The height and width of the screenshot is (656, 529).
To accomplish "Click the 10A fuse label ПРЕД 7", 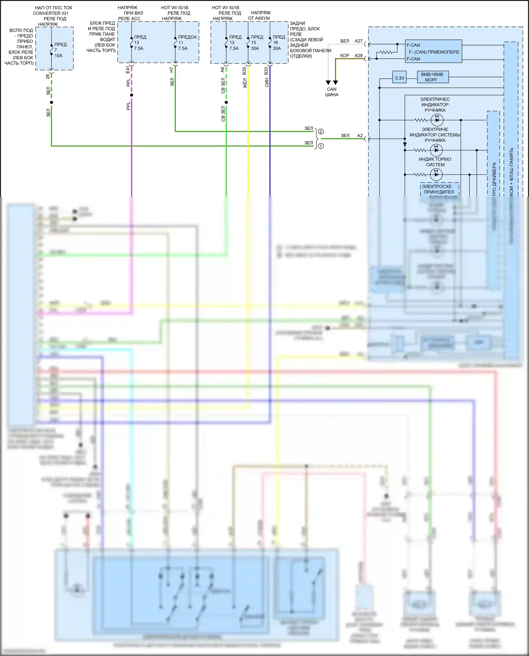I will click(x=60, y=50).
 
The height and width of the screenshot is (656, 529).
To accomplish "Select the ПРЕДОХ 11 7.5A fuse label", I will click(x=187, y=42).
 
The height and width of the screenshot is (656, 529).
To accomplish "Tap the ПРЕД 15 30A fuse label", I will click(x=257, y=42).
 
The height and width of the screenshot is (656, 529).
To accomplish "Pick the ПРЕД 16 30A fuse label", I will click(x=279, y=42).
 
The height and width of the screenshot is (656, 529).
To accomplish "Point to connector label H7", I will click(x=172, y=70).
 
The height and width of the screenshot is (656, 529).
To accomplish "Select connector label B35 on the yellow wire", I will click(x=244, y=71).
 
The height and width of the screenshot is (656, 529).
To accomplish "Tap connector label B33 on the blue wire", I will click(x=266, y=71).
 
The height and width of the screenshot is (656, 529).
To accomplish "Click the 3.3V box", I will click(x=400, y=78).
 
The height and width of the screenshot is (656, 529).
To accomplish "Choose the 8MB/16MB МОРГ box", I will click(x=432, y=77).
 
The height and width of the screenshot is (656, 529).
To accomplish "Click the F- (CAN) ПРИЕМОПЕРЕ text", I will click(x=434, y=52).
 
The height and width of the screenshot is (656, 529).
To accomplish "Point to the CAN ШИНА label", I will click(x=332, y=92).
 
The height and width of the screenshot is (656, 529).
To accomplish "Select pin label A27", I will click(x=359, y=41).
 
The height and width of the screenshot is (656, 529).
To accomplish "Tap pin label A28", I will click(x=359, y=55).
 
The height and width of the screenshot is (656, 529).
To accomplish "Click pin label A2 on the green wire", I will click(x=360, y=135).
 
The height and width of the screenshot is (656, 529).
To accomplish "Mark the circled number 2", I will click(x=321, y=132).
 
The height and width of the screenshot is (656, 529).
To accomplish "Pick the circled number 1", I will click(x=321, y=146).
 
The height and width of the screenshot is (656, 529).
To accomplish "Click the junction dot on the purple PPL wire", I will click(x=132, y=95).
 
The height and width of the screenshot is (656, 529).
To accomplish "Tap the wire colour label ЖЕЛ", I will click(x=245, y=83).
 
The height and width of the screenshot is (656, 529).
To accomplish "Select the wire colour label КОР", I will click(x=345, y=55).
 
